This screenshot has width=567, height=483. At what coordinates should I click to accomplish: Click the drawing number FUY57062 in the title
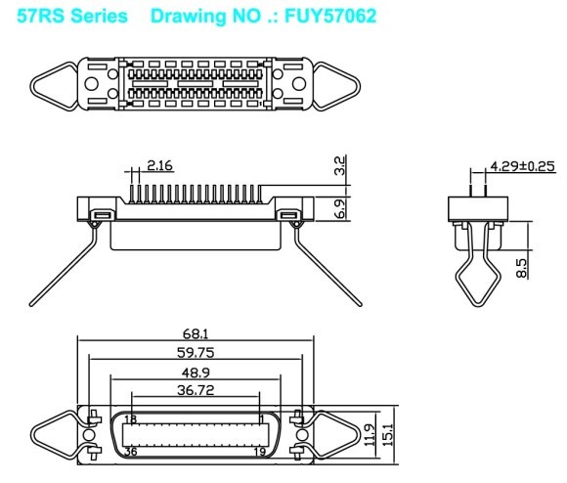pyautogui.click(x=330, y=16)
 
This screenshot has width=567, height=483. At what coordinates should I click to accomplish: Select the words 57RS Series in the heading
pyautogui.click(x=72, y=16)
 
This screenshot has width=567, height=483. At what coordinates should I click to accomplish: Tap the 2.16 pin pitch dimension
pyautogui.click(x=159, y=165)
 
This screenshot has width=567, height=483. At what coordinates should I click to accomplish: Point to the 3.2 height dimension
pyautogui.click(x=340, y=165)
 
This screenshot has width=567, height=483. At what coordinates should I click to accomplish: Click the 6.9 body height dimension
pyautogui.click(x=340, y=209)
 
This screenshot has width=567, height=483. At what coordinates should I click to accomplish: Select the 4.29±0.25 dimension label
pyautogui.click(x=522, y=166)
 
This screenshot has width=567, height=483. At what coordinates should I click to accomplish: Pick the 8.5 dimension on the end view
pyautogui.click(x=521, y=268)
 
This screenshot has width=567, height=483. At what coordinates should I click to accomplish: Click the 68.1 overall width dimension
pyautogui.click(x=196, y=333)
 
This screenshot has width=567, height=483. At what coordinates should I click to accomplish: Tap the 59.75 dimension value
pyautogui.click(x=196, y=353)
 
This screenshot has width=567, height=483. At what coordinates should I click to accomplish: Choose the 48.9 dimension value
pyautogui.click(x=196, y=373)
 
